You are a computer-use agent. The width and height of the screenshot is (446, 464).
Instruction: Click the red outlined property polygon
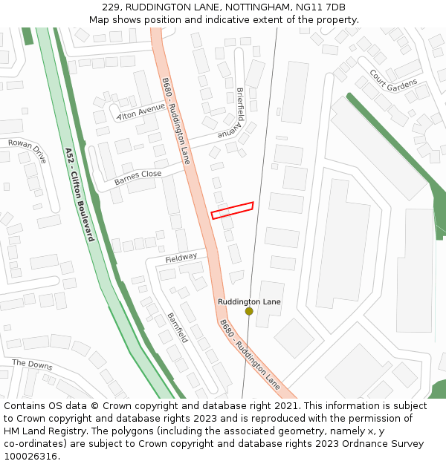[x=232, y=210]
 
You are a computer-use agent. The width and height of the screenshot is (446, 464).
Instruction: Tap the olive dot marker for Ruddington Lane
[x=249, y=311]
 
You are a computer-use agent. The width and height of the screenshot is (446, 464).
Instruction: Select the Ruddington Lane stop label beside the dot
[x=249, y=301]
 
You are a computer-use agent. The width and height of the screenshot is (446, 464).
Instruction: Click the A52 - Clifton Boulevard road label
[x=80, y=195]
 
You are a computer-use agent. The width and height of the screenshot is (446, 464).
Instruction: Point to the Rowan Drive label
[x=27, y=151]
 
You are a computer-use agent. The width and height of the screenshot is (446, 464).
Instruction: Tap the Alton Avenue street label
[x=141, y=111]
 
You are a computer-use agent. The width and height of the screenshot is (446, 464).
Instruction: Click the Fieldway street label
[x=181, y=258]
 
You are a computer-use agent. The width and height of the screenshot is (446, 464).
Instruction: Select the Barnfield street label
[x=178, y=327]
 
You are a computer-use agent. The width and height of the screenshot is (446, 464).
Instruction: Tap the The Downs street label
[x=33, y=364]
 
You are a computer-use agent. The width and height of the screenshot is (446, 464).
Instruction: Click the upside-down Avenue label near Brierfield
[x=231, y=134]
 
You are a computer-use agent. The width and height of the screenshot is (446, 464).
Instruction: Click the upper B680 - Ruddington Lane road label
[x=176, y=120]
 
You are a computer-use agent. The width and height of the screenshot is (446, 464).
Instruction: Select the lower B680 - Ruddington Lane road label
[x=249, y=355]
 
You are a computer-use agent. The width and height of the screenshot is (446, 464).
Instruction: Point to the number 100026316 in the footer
[x=30, y=457]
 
